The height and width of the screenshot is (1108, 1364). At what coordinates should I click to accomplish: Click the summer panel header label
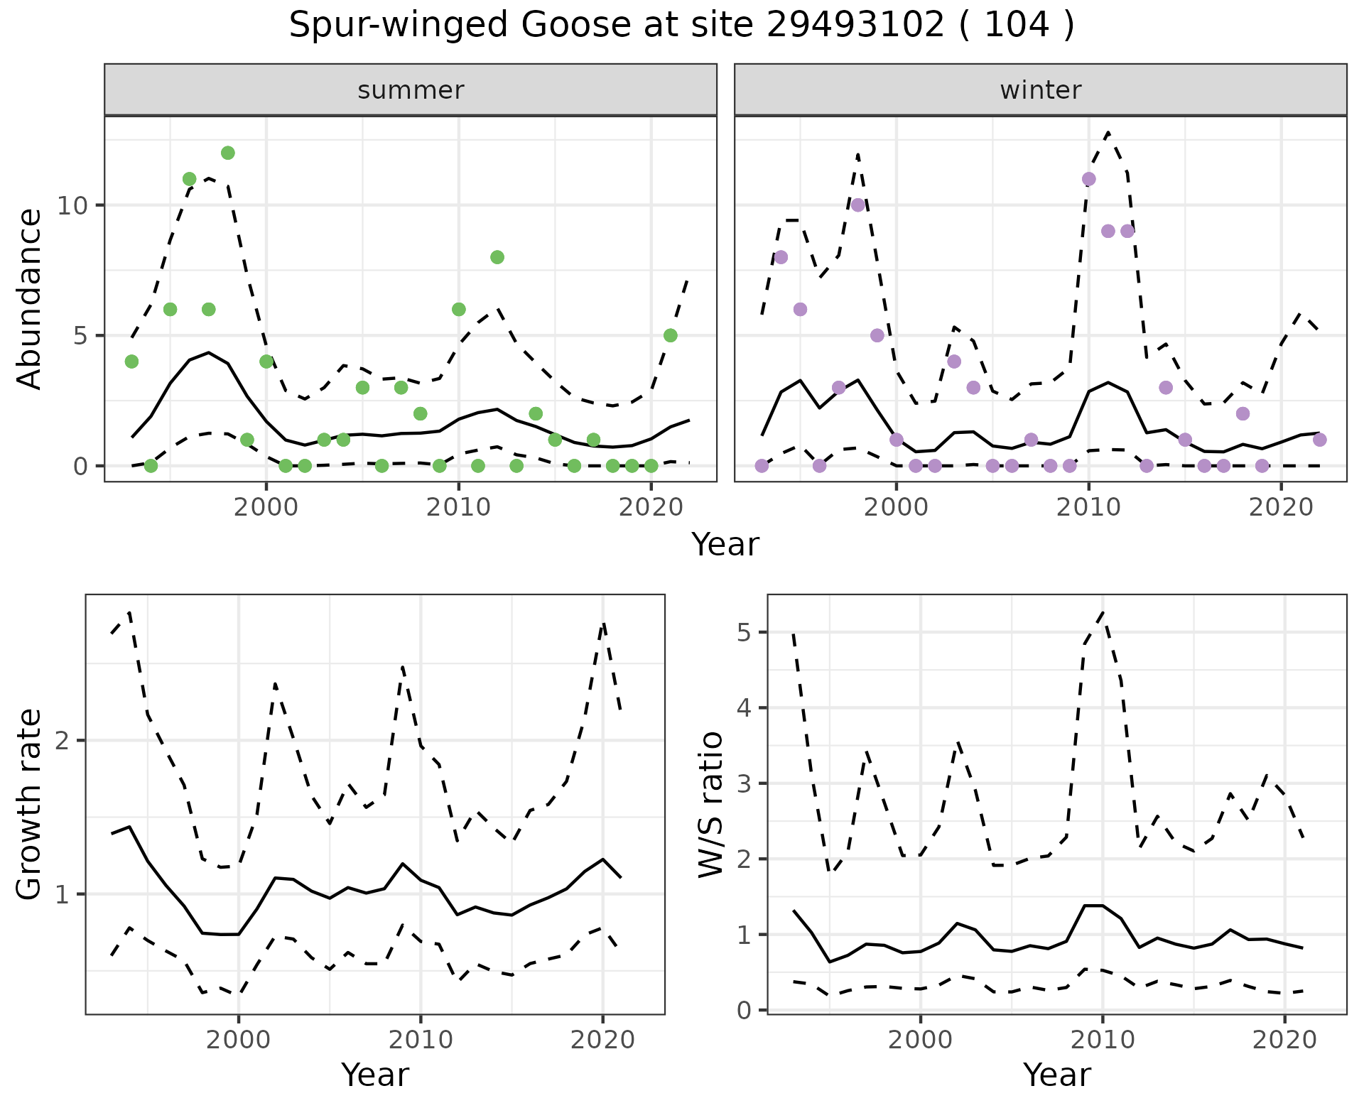tap(411, 90)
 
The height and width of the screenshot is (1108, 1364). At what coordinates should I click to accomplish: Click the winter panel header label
tap(1040, 90)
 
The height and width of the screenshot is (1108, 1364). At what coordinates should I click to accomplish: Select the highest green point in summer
tap(227, 153)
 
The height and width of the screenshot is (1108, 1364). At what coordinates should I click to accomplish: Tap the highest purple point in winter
tap(1088, 179)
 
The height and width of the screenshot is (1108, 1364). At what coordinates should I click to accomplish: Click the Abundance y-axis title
tap(30, 298)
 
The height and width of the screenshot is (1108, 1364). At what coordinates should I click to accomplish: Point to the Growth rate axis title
tap(30, 805)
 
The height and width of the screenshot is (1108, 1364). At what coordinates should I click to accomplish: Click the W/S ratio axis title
tap(711, 805)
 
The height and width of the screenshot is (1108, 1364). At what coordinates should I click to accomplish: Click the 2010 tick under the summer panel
tap(458, 507)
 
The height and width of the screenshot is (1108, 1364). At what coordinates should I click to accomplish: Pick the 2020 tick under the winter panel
tap(1281, 507)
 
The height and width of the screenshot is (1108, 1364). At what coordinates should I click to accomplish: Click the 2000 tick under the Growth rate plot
tap(239, 1041)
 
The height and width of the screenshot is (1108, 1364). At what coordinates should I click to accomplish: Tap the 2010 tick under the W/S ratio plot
tap(1103, 1041)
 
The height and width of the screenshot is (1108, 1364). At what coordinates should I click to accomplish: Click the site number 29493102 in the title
tap(855, 26)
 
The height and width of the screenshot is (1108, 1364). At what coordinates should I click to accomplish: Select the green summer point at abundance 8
tap(497, 257)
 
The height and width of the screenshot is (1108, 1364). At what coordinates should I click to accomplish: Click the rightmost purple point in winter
tap(1319, 440)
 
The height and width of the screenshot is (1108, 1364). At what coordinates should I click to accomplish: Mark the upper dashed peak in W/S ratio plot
tap(1103, 612)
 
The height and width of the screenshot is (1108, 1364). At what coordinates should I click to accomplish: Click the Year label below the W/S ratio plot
tap(1056, 1075)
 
